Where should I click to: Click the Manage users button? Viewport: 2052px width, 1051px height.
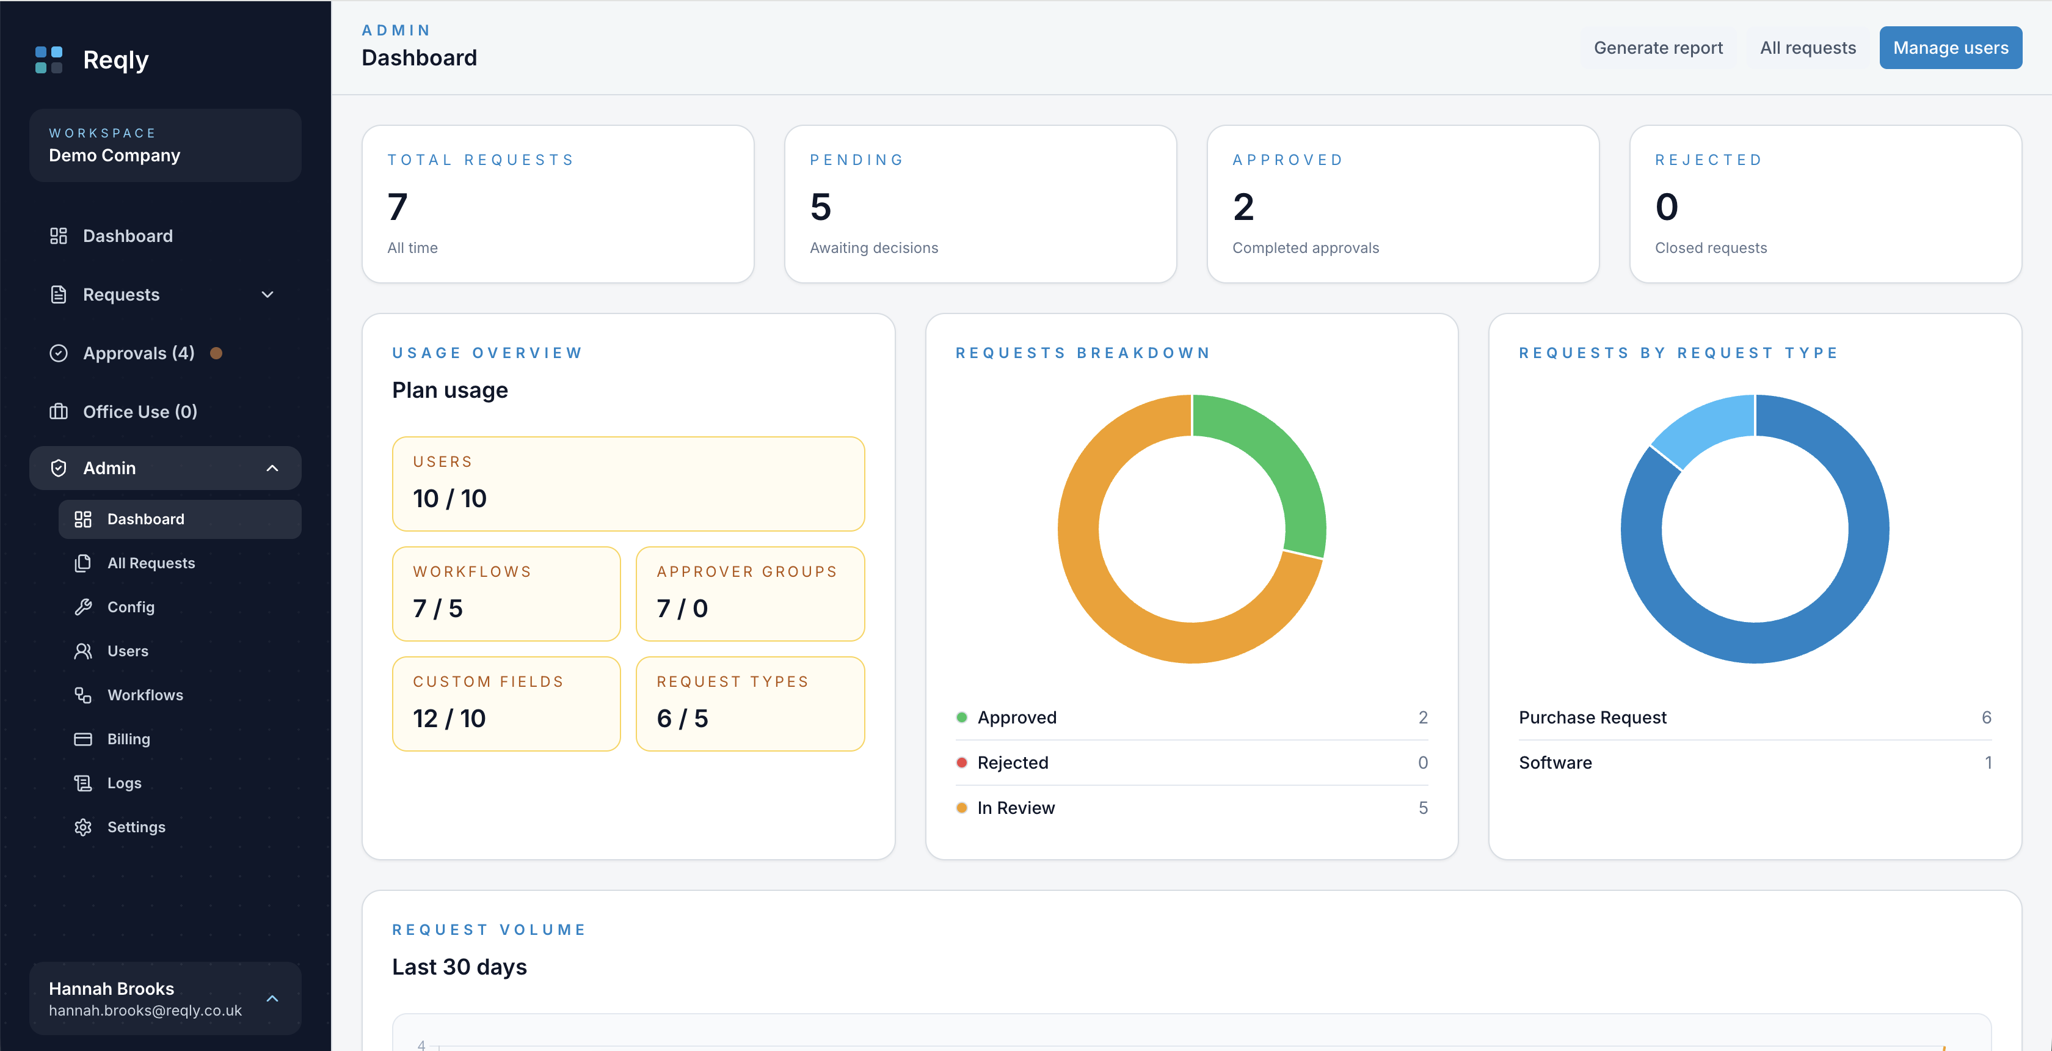[x=1950, y=48]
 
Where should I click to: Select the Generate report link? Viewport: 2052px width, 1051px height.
[x=1657, y=48]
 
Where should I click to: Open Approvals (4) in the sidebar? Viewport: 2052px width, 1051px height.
[x=139, y=353]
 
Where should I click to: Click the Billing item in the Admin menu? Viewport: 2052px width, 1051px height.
[x=128, y=739]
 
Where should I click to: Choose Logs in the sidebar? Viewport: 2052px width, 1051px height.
[x=124, y=783]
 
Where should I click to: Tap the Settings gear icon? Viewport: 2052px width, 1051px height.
[x=83, y=827]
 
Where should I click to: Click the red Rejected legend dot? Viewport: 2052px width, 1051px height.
[x=961, y=763]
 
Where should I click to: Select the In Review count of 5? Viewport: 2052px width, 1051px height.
[x=1423, y=808]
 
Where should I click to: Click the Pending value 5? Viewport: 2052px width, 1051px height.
[x=820, y=207]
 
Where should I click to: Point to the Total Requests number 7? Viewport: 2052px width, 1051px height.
[x=398, y=207]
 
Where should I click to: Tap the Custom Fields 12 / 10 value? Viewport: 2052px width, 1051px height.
[x=449, y=718]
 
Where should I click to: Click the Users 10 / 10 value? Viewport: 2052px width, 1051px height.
[x=449, y=498]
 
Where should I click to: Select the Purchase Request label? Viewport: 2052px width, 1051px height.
[x=1592, y=717]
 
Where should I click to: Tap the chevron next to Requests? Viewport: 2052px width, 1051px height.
[x=267, y=295]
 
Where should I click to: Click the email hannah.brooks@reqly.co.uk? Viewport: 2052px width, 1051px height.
[x=145, y=1010]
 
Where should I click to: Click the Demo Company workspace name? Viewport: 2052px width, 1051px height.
[x=115, y=155]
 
